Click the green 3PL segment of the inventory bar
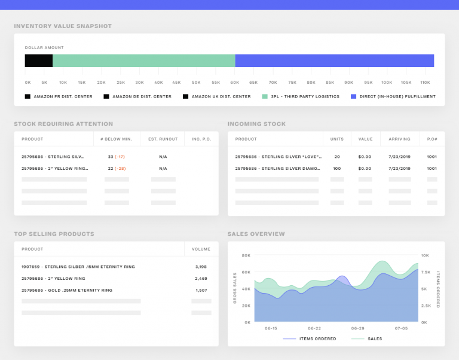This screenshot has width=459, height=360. click(143, 60)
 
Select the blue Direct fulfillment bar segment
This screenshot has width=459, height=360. click(334, 60)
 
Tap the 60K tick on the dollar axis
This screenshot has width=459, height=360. click(235, 83)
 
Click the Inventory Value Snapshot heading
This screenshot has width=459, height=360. click(63, 26)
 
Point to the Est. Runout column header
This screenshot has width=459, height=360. click(163, 139)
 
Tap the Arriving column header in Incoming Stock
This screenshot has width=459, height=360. click(399, 139)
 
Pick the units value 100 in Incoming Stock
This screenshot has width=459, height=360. click(336, 169)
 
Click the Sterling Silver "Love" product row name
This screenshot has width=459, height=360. click(278, 157)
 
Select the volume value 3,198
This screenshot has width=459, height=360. click(201, 267)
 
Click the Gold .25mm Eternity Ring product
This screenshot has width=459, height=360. click(67, 290)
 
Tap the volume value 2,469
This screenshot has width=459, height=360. click(201, 279)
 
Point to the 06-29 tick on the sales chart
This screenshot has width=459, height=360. click(357, 328)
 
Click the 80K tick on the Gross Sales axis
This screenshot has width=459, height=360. click(246, 255)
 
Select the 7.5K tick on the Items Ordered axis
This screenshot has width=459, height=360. click(425, 272)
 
